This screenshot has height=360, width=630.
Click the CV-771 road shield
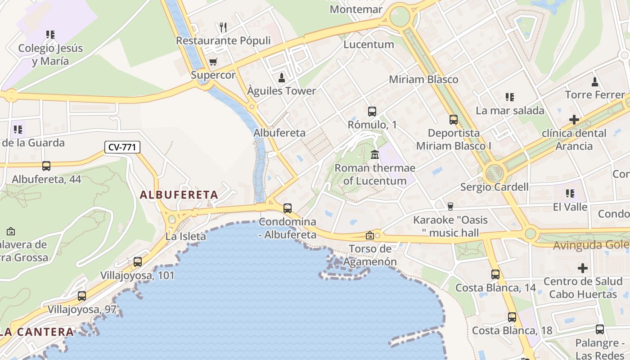(x=122, y=147)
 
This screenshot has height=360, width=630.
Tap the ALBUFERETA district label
(x=179, y=195)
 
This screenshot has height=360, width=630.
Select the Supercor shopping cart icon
(x=213, y=62)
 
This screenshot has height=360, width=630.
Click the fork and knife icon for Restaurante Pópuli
(x=223, y=27)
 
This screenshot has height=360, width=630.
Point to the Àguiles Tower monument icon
(x=282, y=78)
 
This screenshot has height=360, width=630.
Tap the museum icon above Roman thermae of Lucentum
(x=374, y=155)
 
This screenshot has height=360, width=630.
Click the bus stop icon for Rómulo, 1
(x=372, y=112)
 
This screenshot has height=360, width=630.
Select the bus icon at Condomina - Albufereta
(x=288, y=208)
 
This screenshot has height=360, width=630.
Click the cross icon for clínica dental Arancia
(x=574, y=120)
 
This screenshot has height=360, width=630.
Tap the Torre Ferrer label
(x=595, y=95)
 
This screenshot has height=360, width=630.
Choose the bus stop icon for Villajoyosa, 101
(x=138, y=261)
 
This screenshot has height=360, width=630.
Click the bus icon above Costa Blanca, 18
(x=512, y=317)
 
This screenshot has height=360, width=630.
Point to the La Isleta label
(x=185, y=236)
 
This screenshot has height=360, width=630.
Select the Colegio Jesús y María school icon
(x=50, y=34)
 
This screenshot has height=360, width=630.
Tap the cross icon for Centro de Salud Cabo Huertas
(x=583, y=269)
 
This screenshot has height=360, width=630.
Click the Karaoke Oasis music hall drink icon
(x=450, y=206)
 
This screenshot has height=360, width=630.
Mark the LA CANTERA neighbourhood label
(x=37, y=332)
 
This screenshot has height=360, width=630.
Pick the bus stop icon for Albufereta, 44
(x=46, y=166)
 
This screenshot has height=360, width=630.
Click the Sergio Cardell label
(x=494, y=187)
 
